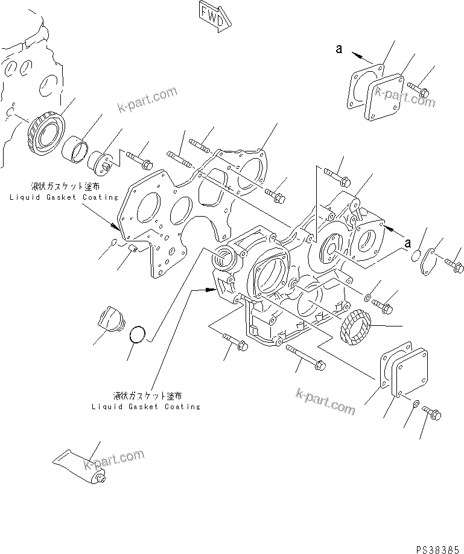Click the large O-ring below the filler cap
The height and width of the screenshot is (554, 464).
pos(138,336)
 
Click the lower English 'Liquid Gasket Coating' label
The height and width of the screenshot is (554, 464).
pos(146,407)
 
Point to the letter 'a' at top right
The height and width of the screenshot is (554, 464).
pos(340,49)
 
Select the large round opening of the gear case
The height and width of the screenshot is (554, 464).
pos(270,275)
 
